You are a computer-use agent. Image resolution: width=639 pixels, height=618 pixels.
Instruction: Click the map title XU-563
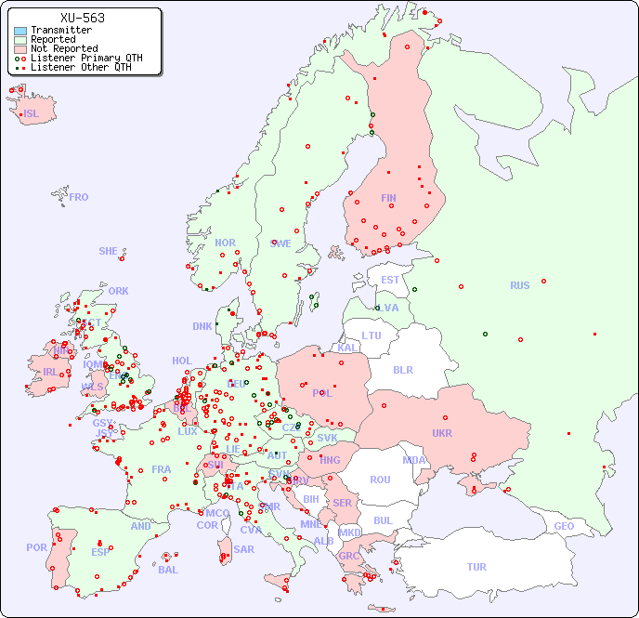(x=82, y=18)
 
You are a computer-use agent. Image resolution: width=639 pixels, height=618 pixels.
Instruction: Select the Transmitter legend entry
(x=60, y=30)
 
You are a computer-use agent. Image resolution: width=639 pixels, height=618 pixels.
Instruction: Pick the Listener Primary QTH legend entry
(x=86, y=58)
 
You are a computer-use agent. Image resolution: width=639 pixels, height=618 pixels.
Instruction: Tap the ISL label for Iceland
(x=31, y=114)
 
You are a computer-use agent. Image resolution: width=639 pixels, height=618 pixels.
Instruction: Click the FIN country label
(x=388, y=198)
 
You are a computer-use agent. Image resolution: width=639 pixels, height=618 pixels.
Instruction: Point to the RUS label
(x=519, y=286)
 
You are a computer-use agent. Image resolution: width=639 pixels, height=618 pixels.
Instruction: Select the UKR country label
(x=441, y=433)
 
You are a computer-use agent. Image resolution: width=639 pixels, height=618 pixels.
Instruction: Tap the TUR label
(x=476, y=567)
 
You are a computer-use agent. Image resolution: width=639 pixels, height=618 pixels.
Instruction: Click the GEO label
(x=564, y=526)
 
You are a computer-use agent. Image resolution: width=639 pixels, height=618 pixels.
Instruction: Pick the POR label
(x=36, y=547)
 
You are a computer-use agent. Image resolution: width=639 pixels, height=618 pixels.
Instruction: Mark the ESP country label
(x=100, y=552)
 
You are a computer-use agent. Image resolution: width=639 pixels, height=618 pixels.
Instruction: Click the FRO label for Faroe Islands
(x=79, y=197)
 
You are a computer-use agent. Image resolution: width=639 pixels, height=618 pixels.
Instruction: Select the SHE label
(x=109, y=251)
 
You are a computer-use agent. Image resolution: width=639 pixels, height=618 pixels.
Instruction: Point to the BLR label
(x=403, y=370)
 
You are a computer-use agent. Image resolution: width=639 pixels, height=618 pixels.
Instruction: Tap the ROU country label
(x=380, y=480)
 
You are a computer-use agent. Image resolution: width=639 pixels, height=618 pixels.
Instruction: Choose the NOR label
(x=225, y=243)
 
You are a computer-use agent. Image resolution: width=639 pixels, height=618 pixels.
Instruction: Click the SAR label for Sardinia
(x=243, y=549)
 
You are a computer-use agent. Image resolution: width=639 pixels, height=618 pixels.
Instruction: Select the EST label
(x=390, y=280)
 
